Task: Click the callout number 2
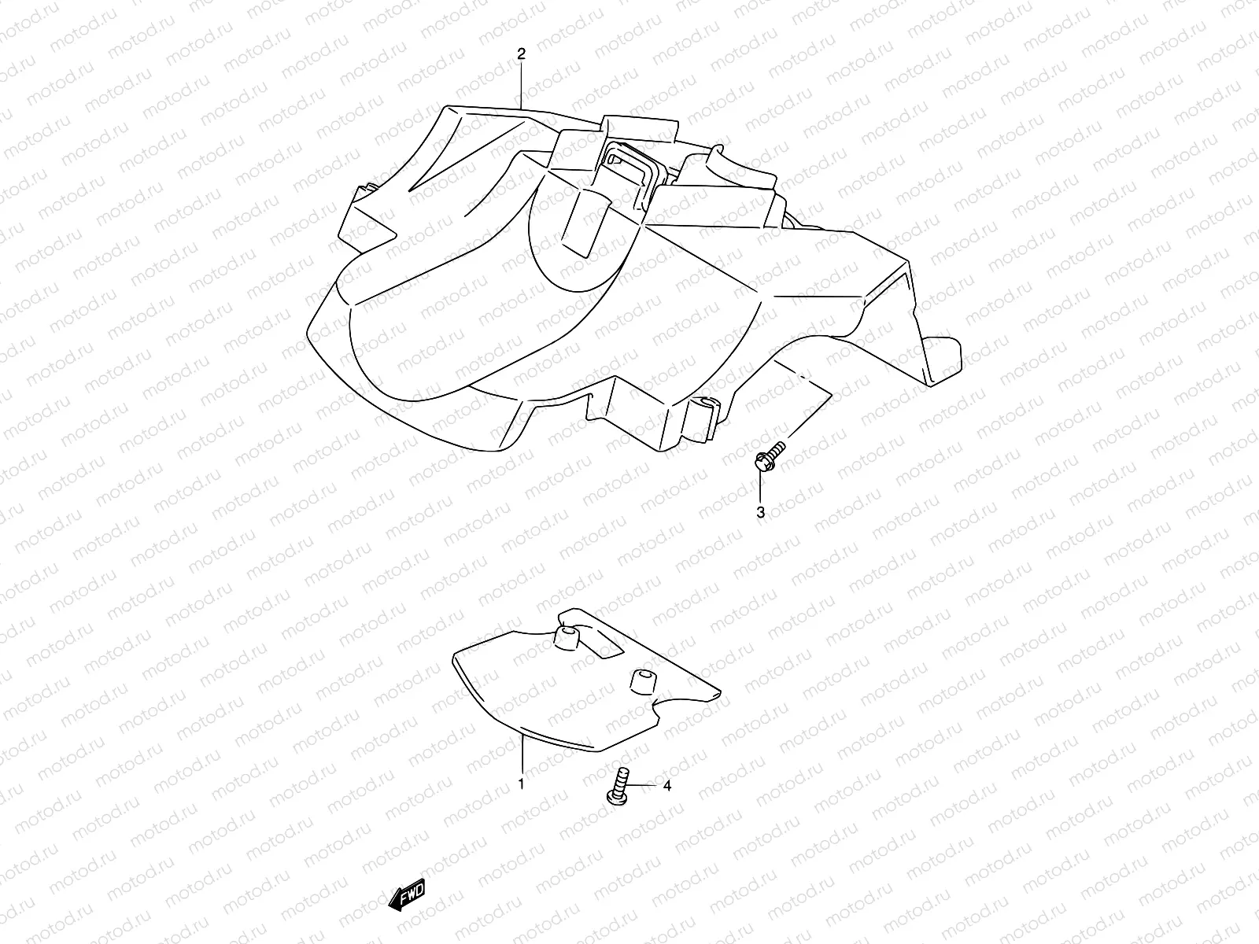[521, 53]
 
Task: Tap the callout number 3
[760, 513]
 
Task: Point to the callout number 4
[666, 785]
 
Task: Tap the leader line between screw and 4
[644, 785]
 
